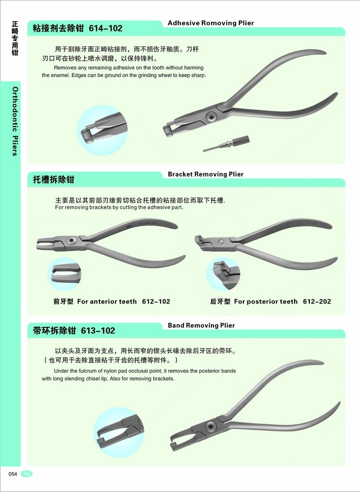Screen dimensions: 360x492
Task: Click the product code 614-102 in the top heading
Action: pyautogui.click(x=105, y=28)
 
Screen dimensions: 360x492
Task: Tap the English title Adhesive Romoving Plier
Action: pyautogui.click(x=210, y=23)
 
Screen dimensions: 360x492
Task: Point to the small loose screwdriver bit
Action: pyautogui.click(x=226, y=144)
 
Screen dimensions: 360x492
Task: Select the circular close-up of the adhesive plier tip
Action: pyautogui.click(x=102, y=130)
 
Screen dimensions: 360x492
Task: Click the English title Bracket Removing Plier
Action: pyautogui.click(x=205, y=174)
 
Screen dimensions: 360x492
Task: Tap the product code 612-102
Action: pyautogui.click(x=156, y=301)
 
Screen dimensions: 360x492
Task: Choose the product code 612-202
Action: pyautogui.click(x=317, y=301)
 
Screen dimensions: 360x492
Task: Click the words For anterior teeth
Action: pyautogui.click(x=106, y=301)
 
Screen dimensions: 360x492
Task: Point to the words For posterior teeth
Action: pyautogui.click(x=266, y=301)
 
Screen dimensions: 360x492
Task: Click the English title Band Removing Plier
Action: pyautogui.click(x=201, y=325)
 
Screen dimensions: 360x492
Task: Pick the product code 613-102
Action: pyautogui.click(x=98, y=330)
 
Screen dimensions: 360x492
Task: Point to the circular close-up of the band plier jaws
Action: pyautogui.click(x=119, y=432)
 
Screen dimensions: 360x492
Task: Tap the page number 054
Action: pyautogui.click(x=13, y=474)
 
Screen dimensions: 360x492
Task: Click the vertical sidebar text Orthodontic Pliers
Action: pyautogui.click(x=15, y=122)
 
